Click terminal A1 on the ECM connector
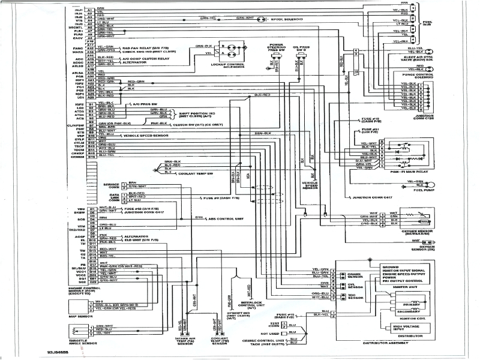[89, 10]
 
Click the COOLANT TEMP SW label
[195, 174]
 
